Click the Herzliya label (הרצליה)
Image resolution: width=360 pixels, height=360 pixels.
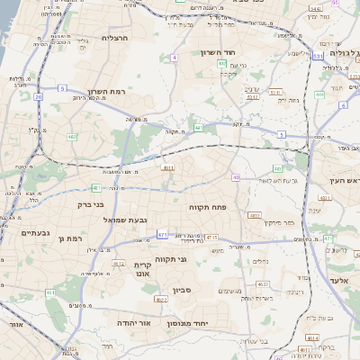click(x=116, y=38)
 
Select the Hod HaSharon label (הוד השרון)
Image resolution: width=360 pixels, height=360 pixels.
click(x=219, y=52)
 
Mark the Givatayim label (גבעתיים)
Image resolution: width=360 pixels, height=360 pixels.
click(x=35, y=233)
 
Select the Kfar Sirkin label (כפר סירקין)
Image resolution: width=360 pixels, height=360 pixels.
click(x=276, y=220)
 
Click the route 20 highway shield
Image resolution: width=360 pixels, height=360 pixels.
click(x=38, y=95)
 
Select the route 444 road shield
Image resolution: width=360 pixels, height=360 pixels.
click(x=319, y=94)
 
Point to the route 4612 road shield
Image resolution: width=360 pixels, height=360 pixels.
click(x=119, y=264)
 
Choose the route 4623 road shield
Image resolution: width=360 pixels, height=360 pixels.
click(x=262, y=284)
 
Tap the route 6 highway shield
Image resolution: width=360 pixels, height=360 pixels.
click(x=343, y=105)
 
